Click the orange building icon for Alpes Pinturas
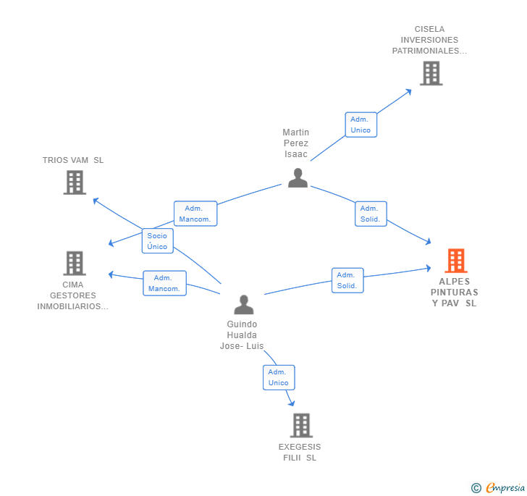click(x=455, y=261)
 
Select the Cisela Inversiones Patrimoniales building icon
click(x=431, y=73)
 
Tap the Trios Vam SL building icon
click(x=75, y=182)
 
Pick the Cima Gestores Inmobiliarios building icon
click(x=75, y=264)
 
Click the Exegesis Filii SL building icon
click(x=301, y=426)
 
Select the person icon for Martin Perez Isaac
click(x=298, y=178)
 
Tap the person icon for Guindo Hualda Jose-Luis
click(x=244, y=304)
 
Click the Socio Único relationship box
click(x=157, y=241)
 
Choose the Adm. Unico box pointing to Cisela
click(x=361, y=125)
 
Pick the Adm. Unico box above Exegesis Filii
click(x=279, y=377)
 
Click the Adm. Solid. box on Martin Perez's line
click(x=371, y=214)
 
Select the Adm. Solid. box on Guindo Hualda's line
click(x=347, y=280)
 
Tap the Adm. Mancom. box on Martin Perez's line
click(x=195, y=214)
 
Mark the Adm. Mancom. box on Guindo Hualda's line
click(x=164, y=283)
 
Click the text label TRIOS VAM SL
click(x=73, y=160)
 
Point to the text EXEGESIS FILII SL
click(x=300, y=453)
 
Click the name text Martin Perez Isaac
click(x=296, y=143)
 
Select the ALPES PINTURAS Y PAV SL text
click(x=455, y=293)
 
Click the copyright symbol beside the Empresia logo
click(x=476, y=489)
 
